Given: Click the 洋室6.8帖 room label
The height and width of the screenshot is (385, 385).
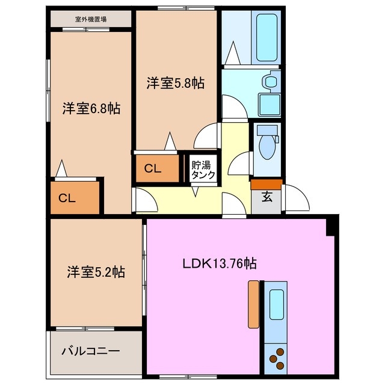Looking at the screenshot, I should tap(91, 109).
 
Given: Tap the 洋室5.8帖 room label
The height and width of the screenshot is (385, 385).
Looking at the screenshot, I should tap(175, 84).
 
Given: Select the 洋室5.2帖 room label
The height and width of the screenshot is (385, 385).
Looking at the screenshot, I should tap(96, 272).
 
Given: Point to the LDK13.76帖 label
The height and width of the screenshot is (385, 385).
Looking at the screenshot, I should tap(220, 263).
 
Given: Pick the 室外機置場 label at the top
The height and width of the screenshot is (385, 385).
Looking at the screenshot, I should tap(91, 19).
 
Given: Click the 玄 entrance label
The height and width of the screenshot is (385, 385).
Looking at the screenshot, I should tap(266, 196).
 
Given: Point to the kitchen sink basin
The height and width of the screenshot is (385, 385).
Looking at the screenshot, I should tap(276, 304).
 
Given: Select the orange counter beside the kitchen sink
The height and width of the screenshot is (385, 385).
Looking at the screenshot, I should tap(253, 304).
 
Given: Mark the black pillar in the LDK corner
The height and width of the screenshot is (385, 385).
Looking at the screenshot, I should tap(330, 226).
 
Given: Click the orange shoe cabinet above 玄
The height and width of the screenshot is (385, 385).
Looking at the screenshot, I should tap(266, 183).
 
